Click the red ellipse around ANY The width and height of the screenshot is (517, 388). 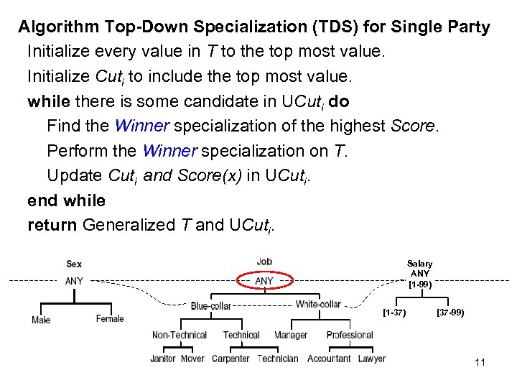264,281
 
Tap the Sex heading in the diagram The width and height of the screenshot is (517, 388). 74,264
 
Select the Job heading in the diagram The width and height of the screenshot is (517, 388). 264,262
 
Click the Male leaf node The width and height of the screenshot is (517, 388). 41,320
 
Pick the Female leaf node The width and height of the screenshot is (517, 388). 110,318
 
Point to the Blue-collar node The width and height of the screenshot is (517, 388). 210,306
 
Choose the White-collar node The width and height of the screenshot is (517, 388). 318,304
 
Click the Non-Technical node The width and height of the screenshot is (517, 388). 180,335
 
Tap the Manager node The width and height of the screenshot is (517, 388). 291,335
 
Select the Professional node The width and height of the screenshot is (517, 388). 350,335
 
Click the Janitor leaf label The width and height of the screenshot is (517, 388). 163,359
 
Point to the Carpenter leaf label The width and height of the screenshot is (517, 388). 230,359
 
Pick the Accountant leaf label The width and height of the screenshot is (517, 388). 329,359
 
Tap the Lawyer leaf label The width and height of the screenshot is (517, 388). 371,359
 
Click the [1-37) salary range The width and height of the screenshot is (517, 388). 394,313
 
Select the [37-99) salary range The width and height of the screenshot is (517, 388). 450,313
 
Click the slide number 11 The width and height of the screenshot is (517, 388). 480,362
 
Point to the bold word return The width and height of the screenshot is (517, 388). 52,225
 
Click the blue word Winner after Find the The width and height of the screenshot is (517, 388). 141,126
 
